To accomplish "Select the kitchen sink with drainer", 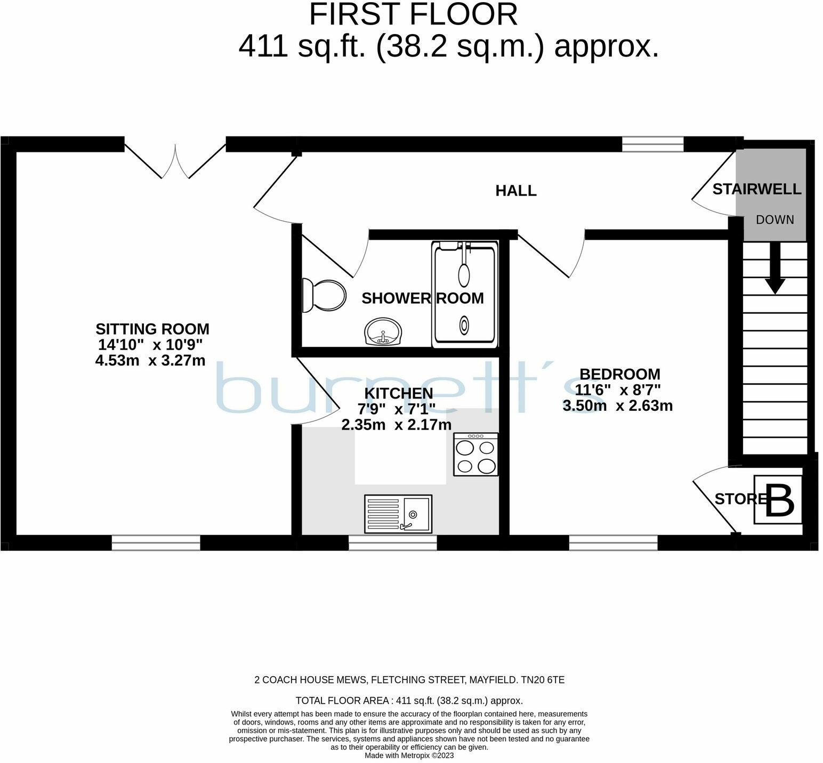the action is (398, 514).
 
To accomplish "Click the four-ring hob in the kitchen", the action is (475, 454).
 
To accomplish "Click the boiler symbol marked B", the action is (778, 499).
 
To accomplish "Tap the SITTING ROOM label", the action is (152, 329).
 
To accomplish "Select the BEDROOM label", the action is (620, 374).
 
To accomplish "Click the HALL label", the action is (516, 190).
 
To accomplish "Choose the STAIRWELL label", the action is (757, 189).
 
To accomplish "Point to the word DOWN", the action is (775, 220).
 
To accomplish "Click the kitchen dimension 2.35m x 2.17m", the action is (397, 425).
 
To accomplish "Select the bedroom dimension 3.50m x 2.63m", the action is (618, 406).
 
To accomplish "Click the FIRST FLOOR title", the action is (414, 14).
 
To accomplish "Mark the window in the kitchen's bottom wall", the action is (393, 543).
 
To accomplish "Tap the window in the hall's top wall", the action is (653, 144).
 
